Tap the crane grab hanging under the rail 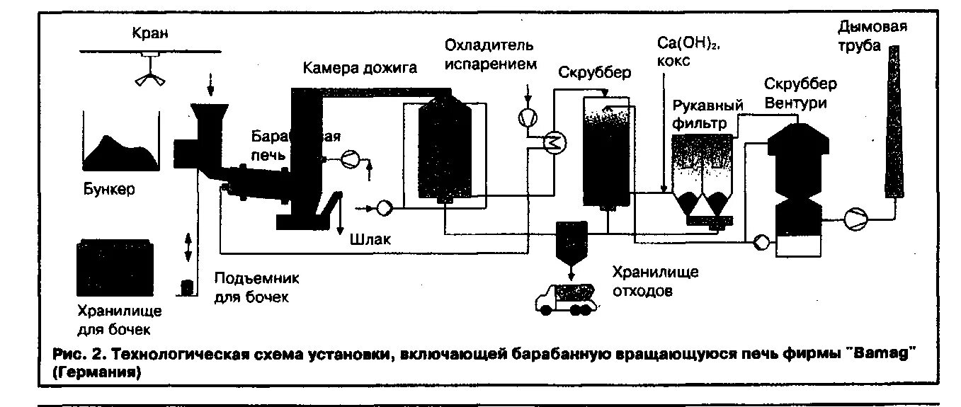click(150, 77)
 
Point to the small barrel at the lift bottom click(188, 287)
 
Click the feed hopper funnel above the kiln click(210, 117)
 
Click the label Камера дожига click(360, 68)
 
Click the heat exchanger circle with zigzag click(554, 142)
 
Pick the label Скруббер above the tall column click(594, 73)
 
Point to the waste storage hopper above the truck click(570, 241)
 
